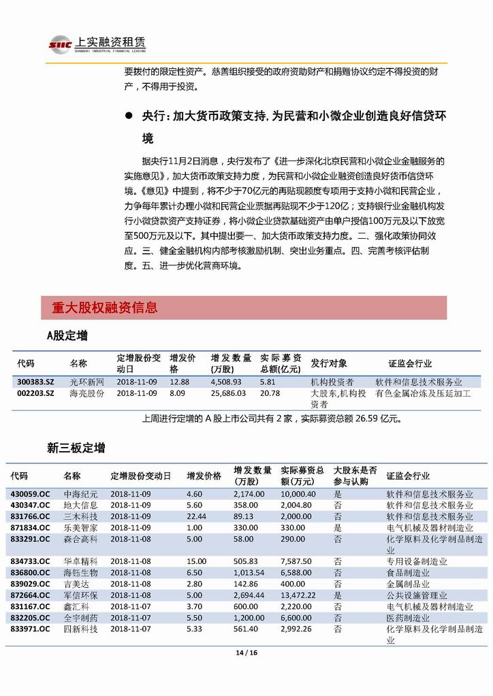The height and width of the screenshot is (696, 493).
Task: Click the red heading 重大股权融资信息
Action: coord(104,308)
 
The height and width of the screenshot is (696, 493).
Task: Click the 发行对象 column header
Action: coord(329,363)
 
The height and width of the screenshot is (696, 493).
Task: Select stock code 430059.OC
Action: coord(30,494)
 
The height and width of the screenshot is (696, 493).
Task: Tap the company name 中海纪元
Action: coord(81,494)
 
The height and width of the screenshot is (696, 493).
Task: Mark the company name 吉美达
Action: coord(76,584)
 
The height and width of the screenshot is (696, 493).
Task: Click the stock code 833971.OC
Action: coord(30,629)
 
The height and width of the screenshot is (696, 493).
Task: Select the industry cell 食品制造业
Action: coord(408,573)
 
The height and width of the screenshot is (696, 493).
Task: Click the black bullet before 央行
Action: coord(127,116)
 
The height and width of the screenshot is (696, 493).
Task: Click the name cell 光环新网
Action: coord(87,382)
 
